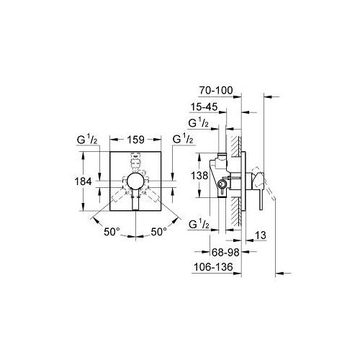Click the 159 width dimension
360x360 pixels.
(135, 140)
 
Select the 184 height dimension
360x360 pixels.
(83, 181)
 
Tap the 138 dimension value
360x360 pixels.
(199, 176)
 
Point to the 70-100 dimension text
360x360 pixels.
(216, 91)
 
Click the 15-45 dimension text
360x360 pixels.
(204, 107)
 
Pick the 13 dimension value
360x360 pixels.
(261, 235)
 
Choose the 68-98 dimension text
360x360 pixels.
(225, 252)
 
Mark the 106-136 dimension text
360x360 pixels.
(213, 267)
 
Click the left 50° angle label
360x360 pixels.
(112, 232)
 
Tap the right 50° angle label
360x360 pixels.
(159, 232)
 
